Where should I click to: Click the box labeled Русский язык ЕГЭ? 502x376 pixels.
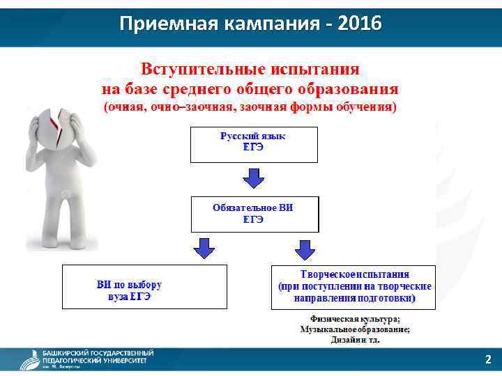(x=253, y=144)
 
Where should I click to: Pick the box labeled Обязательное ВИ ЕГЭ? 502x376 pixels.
(x=254, y=214)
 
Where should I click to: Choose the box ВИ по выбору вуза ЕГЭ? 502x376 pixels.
(x=144, y=287)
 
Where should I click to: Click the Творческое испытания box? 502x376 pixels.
(x=353, y=287)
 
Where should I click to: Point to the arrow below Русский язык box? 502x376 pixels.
(x=253, y=178)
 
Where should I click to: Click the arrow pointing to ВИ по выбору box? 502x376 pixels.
(x=204, y=248)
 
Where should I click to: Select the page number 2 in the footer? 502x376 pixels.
(x=488, y=360)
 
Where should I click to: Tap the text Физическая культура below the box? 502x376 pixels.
(x=355, y=320)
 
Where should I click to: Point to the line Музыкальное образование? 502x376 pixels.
(x=355, y=329)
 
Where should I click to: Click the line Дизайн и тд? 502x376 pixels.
(x=355, y=340)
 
